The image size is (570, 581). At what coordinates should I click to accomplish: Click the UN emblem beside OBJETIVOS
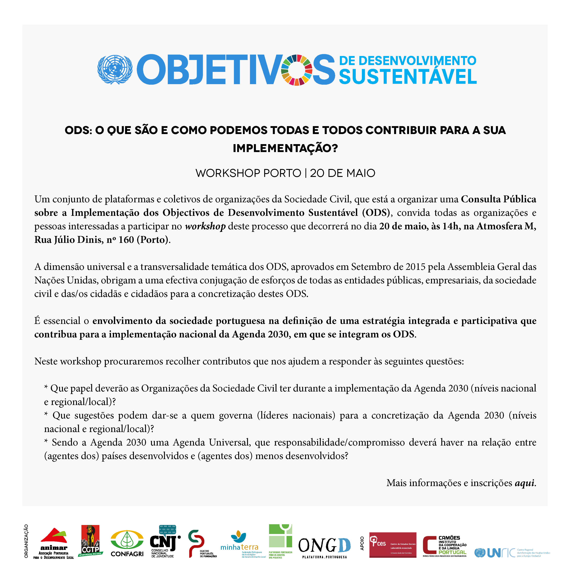click(115, 69)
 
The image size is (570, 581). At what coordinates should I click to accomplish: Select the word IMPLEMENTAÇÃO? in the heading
click(285, 148)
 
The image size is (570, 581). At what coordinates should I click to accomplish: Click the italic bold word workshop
click(205, 226)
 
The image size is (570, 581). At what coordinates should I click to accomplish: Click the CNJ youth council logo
click(165, 541)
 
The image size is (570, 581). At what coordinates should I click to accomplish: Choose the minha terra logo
click(239, 544)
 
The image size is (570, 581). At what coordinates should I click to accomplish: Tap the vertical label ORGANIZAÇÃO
click(26, 541)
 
